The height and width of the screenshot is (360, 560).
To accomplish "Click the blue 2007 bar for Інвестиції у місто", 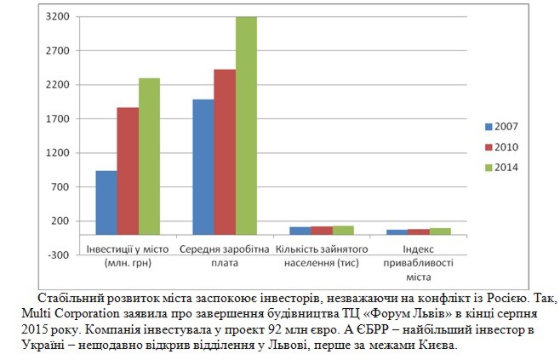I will (x=106, y=203).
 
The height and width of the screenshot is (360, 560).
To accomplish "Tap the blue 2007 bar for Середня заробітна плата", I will (x=203, y=167).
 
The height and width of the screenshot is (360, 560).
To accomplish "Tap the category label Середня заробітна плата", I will (x=225, y=255).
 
